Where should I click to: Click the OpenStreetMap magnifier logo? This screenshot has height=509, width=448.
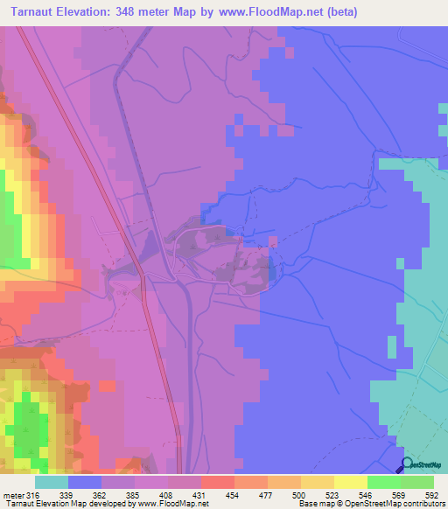pyautogui.click(x=408, y=464)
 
